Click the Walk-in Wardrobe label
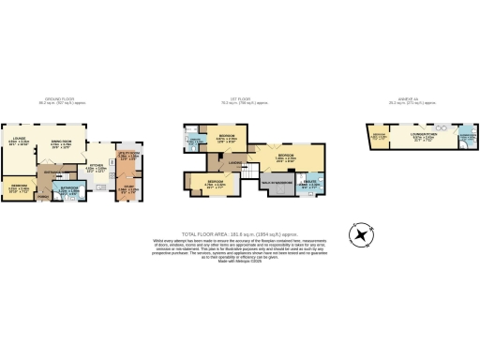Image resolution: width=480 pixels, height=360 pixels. point(281,183)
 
